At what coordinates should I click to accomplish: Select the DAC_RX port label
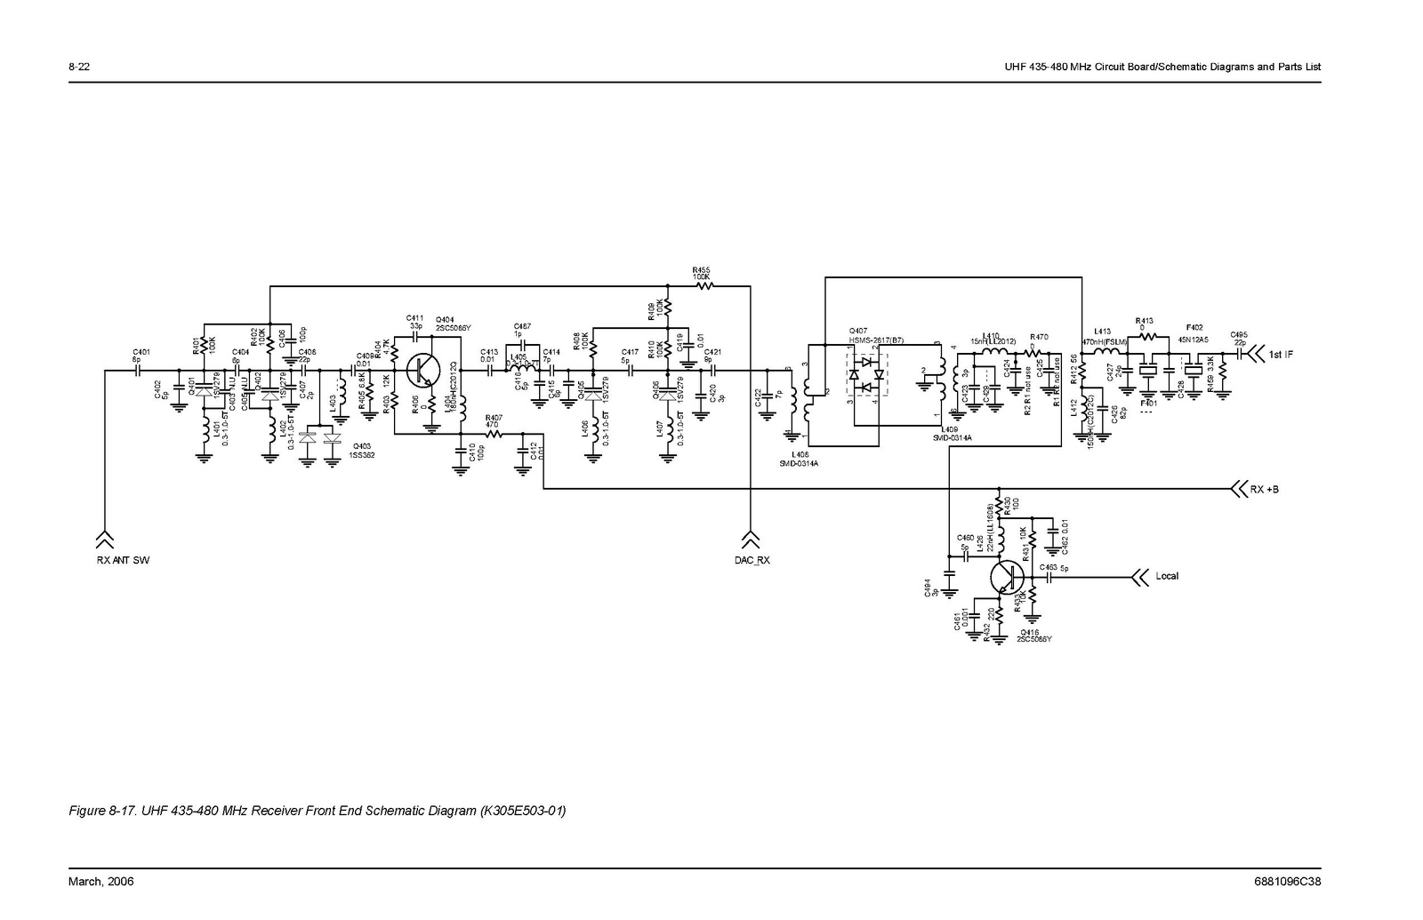click(x=751, y=561)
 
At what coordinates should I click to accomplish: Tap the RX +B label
click(x=1264, y=490)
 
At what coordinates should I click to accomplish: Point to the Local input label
click(x=1166, y=576)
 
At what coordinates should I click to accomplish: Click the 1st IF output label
click(x=1281, y=356)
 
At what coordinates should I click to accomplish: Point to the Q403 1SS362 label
click(x=364, y=450)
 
